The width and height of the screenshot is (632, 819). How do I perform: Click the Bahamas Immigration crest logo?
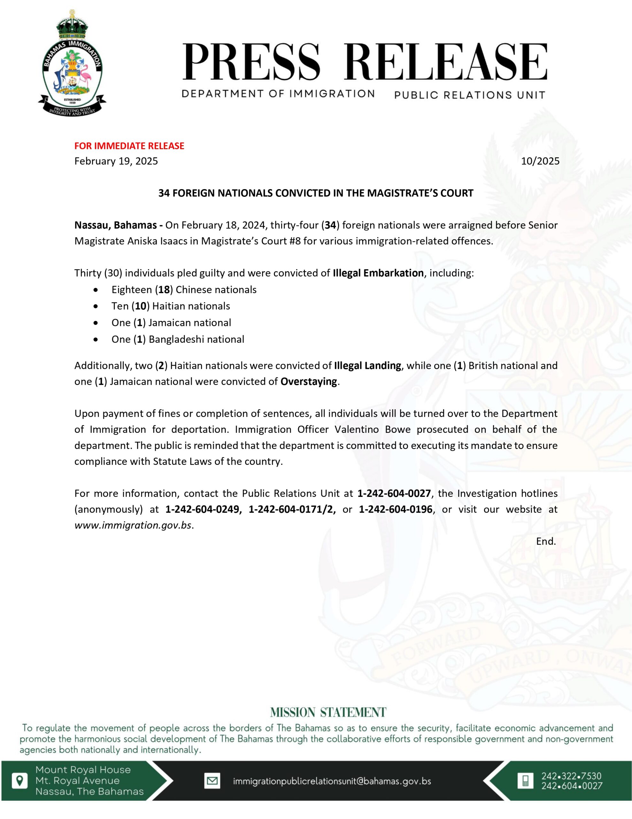pos(72,63)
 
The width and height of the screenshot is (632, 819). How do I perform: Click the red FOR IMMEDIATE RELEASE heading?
pos(129,146)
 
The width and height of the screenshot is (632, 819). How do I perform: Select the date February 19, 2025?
pos(116,161)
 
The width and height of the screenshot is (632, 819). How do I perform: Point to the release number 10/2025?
pos(540,161)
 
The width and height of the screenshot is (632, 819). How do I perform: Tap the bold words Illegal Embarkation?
pos(378,273)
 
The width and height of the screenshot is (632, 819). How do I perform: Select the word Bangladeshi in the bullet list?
pos(176,339)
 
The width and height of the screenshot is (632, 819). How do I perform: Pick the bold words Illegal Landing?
pos(367,366)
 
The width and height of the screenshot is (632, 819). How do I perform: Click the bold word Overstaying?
pos(309,382)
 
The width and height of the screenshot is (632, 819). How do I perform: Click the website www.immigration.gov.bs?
pos(133,525)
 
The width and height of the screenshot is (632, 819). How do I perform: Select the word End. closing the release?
pos(546,541)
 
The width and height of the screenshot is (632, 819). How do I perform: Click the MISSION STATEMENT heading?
pos(328,712)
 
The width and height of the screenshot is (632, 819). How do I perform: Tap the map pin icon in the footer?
pos(19,781)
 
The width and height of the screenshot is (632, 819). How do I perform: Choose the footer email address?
pos(332,782)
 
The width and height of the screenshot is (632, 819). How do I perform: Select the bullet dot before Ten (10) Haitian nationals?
pos(96,307)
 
